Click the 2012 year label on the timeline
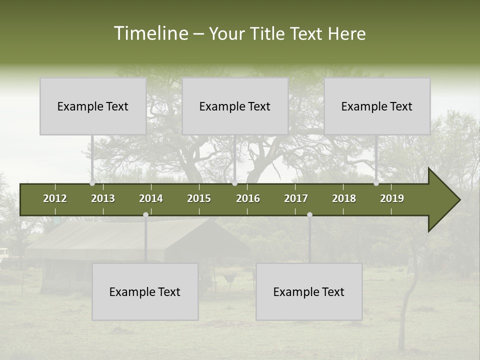click(55, 198)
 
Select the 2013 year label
click(103, 198)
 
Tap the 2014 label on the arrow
click(151, 198)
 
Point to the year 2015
click(199, 198)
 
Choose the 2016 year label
click(248, 198)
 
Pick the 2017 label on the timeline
click(296, 198)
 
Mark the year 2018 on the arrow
click(344, 198)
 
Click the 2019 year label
click(392, 198)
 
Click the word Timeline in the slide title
click(150, 33)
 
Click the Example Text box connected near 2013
click(93, 106)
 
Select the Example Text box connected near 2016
click(235, 106)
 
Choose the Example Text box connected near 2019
click(377, 106)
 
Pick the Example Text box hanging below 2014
click(145, 291)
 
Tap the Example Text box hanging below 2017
click(309, 291)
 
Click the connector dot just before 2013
click(92, 183)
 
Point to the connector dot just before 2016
click(234, 183)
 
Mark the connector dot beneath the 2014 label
click(145, 215)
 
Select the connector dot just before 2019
click(376, 183)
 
